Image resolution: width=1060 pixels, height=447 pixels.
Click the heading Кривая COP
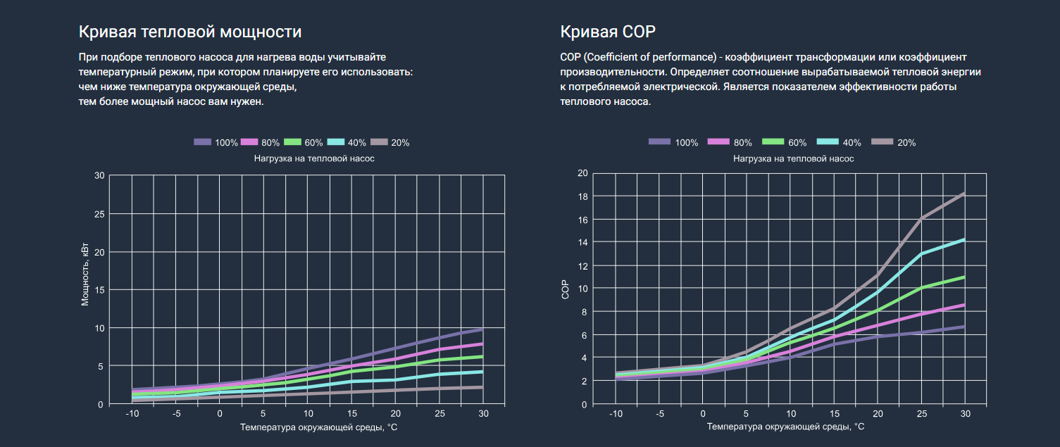[608, 32]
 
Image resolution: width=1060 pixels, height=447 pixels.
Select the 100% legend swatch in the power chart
[203, 142]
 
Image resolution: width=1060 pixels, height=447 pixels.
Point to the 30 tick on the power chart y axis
[99, 175]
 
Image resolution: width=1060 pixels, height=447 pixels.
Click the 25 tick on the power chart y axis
[99, 213]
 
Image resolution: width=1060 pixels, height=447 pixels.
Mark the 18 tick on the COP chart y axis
[582, 196]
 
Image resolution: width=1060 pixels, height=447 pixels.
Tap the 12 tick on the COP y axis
[582, 265]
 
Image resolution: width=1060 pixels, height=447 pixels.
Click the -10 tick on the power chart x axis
[132, 413]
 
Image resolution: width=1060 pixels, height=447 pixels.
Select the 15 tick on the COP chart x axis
[834, 413]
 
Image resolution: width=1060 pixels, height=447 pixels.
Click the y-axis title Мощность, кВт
[85, 275]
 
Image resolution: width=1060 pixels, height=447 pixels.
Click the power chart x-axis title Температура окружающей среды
[313, 427]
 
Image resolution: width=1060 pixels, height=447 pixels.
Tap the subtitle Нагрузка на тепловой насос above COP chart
[793, 158]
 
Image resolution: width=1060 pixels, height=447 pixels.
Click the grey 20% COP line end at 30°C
[963, 194]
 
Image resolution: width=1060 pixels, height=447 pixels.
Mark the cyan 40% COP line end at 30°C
[963, 240]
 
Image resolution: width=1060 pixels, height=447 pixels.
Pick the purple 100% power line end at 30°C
[482, 329]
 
